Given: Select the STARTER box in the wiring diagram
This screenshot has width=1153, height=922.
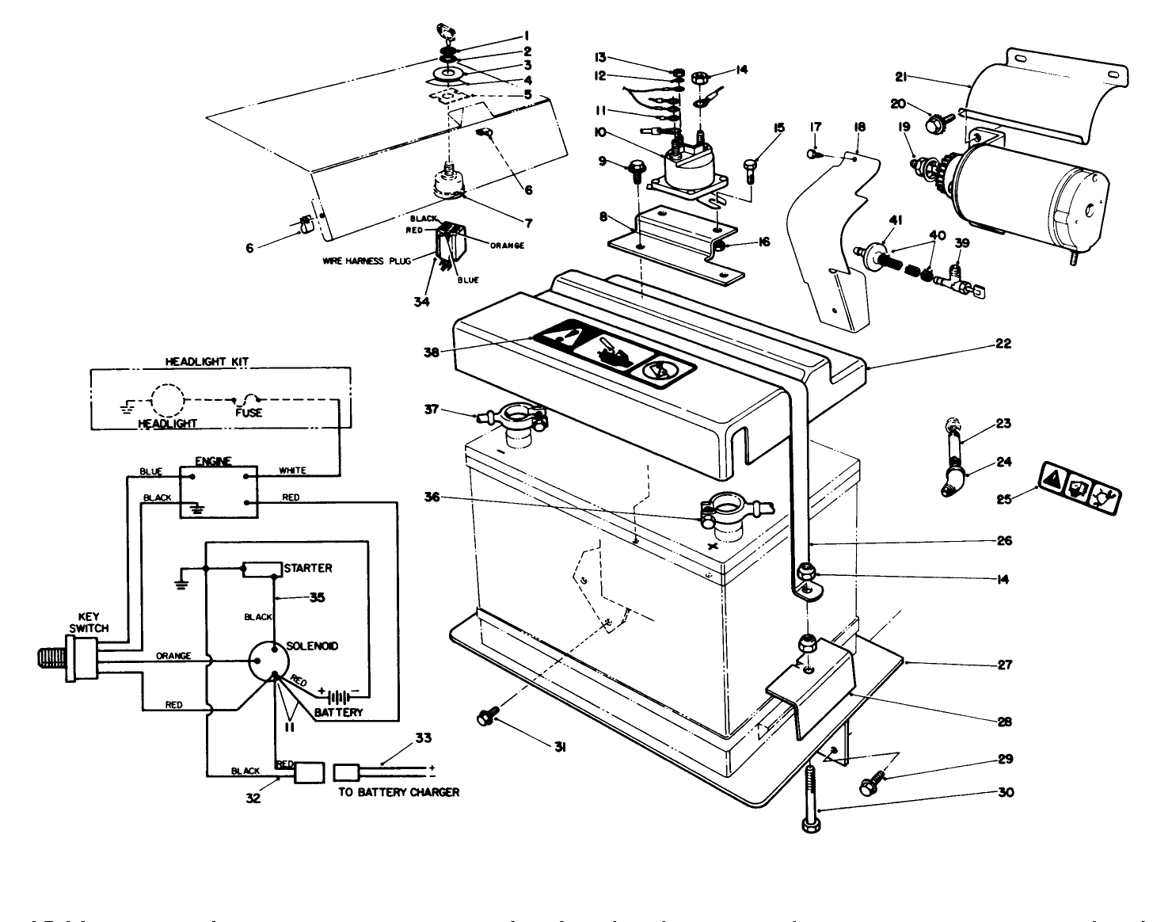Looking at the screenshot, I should tap(262, 568).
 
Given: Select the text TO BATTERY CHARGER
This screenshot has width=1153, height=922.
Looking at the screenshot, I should tap(398, 791).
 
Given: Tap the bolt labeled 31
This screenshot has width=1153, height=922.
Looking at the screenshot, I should tap(485, 718).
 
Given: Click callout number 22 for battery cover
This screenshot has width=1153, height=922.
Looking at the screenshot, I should tap(1003, 345).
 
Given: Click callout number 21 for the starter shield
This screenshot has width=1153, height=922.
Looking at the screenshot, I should tap(900, 77).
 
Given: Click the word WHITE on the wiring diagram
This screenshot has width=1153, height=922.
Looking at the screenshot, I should tap(292, 471).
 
